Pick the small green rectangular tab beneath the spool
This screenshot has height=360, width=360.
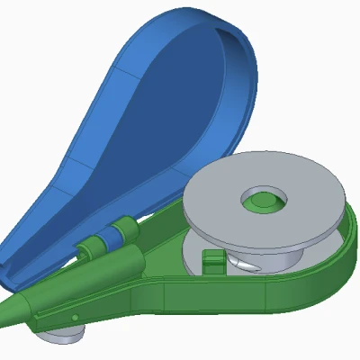(x=212, y=262)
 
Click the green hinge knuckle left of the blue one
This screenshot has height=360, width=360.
(x=88, y=247)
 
